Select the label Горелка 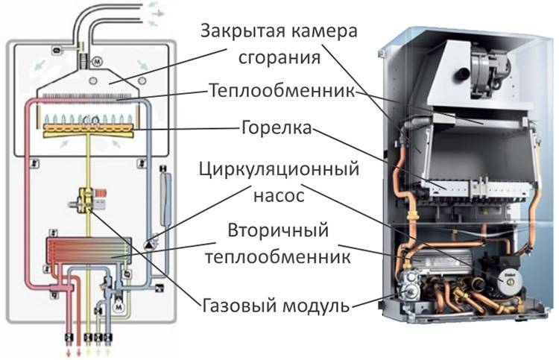click(277, 127)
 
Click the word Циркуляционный click(279, 169)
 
